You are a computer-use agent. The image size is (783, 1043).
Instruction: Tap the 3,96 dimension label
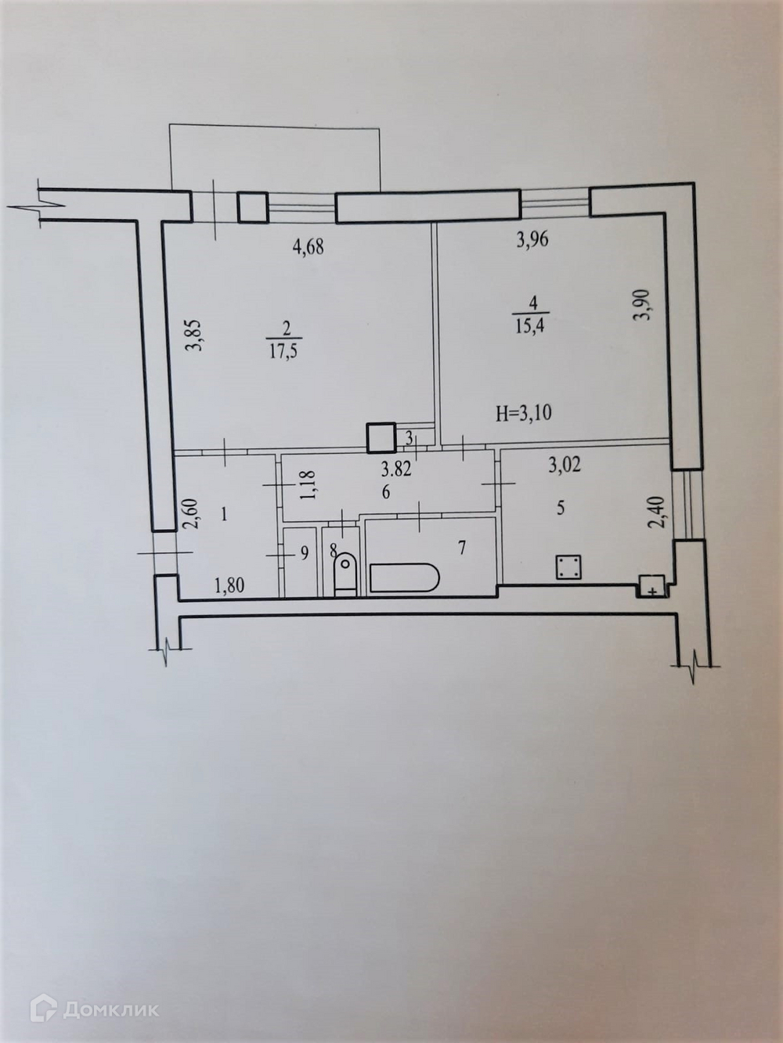point(532,239)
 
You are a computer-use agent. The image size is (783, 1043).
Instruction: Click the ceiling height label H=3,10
point(523,413)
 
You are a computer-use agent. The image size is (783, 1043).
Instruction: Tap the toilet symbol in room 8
point(345,574)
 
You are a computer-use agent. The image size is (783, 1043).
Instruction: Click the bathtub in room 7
point(404,577)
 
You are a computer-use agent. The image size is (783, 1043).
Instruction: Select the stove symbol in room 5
point(568,567)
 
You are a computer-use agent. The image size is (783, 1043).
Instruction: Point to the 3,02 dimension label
point(565,466)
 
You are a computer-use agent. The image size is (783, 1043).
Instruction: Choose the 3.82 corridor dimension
point(395,470)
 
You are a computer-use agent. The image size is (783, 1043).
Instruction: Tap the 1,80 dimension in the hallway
point(229,586)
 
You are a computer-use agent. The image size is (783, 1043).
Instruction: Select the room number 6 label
point(385,493)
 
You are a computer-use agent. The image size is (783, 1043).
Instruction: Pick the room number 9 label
point(305,552)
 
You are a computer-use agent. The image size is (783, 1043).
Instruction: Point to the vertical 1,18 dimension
point(307,484)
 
